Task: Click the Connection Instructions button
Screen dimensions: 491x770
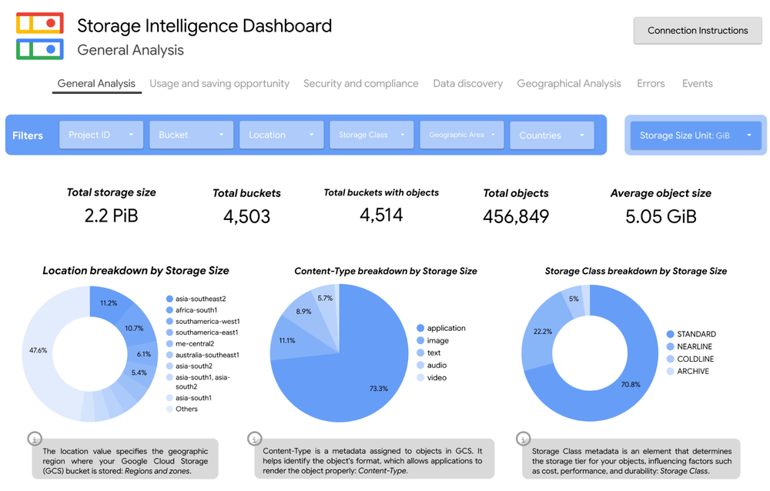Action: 697,31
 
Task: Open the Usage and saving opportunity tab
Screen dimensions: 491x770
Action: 219,84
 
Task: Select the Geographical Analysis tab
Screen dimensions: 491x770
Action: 568,84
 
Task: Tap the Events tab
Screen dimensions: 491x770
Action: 697,84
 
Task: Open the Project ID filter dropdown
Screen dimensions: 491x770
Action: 101,135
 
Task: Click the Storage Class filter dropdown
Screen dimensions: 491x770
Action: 371,135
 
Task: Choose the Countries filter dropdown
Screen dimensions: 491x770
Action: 551,135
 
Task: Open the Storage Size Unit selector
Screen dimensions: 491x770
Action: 695,135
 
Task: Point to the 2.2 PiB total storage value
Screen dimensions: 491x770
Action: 112,216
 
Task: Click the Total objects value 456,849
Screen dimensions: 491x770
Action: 516,217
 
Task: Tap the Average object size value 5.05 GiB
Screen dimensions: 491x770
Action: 661,217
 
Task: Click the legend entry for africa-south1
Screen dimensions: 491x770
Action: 196,310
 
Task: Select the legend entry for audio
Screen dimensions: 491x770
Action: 437,366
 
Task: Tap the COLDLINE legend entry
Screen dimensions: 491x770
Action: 695,359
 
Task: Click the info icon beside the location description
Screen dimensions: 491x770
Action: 35,439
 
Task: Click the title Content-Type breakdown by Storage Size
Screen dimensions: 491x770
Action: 385,271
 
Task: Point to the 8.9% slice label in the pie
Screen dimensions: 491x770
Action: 303,312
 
